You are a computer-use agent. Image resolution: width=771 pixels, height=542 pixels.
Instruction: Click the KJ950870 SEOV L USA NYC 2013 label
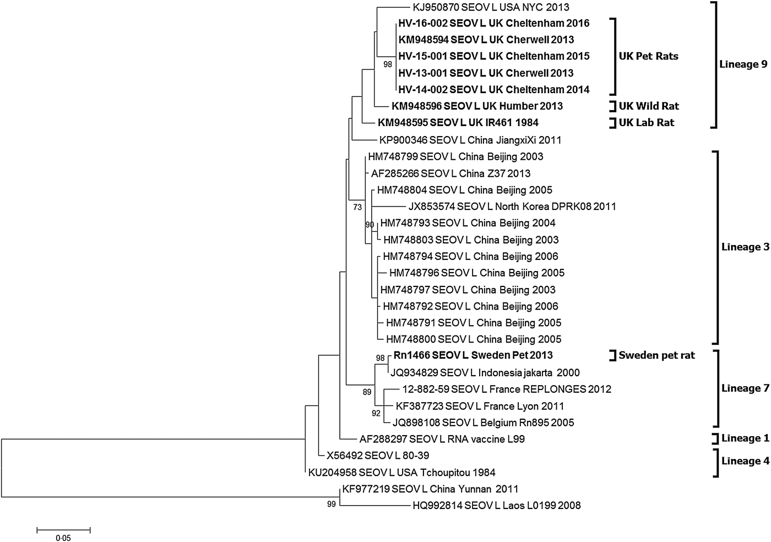click(x=491, y=7)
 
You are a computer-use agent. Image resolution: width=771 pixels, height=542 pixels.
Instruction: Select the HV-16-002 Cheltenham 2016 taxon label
click(x=493, y=23)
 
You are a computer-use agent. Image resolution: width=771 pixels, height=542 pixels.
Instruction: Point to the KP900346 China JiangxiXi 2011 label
click(x=470, y=140)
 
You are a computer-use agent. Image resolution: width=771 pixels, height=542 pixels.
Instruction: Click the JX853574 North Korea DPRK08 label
click(x=512, y=207)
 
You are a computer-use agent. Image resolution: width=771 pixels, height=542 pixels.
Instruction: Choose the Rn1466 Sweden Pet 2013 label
click(x=473, y=355)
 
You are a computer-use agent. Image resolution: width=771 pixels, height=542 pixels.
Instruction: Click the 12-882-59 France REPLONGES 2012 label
click(x=507, y=389)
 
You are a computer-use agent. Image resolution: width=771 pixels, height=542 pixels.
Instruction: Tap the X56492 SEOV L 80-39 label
click(x=378, y=456)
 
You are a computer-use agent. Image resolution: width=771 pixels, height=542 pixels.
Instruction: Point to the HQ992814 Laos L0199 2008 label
click(x=496, y=505)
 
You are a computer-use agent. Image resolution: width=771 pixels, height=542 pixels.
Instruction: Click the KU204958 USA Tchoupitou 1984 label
click(x=401, y=472)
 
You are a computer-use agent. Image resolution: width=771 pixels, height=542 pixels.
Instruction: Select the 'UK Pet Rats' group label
click(x=648, y=56)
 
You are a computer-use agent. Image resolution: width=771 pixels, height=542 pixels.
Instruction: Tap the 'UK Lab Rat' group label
click(x=646, y=122)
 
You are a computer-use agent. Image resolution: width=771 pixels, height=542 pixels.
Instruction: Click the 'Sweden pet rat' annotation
click(x=656, y=355)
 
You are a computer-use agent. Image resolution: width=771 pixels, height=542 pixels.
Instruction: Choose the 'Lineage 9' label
click(x=743, y=64)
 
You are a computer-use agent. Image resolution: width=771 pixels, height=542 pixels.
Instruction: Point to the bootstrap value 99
click(x=331, y=504)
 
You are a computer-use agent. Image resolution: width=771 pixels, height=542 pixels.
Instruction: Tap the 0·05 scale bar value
click(x=63, y=538)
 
